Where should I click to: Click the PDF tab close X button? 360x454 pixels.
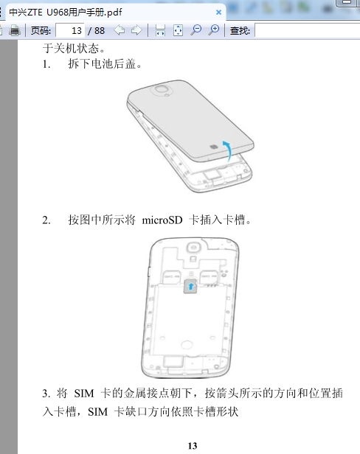coord(218,12)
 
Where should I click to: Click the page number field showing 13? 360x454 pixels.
coord(70,30)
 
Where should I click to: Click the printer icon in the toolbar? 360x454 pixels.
coord(15,30)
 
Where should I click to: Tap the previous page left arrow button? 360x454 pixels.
coord(120,30)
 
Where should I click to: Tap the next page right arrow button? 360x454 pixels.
coord(136,30)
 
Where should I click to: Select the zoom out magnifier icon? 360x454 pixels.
coord(196,30)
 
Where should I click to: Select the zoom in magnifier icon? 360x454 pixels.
coord(214,30)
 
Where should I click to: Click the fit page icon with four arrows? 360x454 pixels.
coord(178,30)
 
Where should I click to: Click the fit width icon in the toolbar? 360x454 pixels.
coord(160,30)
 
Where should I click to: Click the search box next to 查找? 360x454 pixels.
coord(307,30)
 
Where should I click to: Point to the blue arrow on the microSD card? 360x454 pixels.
coord(191,287)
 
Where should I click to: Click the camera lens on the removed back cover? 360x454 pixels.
coord(162,88)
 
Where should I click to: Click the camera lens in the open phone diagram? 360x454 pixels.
coord(193,248)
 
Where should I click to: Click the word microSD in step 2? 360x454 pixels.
coord(162,220)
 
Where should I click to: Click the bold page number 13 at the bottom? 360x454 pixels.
coord(193,446)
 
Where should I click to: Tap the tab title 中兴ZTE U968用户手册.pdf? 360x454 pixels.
coord(66,12)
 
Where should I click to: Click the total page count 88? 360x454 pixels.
coord(100,30)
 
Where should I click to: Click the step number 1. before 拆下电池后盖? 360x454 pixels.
coord(46,64)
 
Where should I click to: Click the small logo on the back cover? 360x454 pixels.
coord(214,147)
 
